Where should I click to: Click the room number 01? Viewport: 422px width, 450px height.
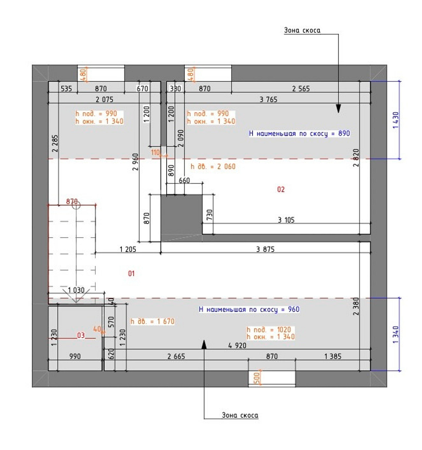131,274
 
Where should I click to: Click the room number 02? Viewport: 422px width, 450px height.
281,190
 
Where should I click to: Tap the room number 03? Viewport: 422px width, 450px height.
81,335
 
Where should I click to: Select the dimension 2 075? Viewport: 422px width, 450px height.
104,99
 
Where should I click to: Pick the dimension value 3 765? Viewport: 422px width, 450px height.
268,99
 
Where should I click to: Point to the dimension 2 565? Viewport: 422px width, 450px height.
301,88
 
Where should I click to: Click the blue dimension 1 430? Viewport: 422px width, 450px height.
396,120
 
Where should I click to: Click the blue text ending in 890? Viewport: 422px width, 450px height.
299,133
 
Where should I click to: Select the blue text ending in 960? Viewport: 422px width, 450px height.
249,309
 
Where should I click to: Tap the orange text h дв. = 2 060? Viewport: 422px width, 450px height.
213,166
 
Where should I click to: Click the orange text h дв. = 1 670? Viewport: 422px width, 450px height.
153,321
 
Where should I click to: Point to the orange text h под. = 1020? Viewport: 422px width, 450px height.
269,330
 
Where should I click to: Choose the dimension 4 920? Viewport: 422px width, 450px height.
237,346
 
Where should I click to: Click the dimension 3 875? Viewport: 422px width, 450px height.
265,250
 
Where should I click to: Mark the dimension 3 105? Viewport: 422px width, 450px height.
286,220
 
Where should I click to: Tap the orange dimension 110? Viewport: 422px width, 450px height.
156,153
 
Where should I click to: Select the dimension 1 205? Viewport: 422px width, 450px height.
128,250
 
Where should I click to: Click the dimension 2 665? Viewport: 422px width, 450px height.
176,357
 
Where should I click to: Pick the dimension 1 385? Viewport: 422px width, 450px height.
333,357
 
